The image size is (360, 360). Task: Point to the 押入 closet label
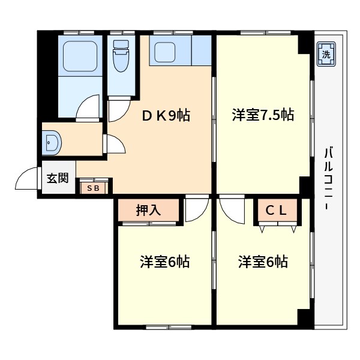(148, 210)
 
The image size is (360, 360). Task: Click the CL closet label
(277, 210)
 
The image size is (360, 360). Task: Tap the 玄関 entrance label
(58, 178)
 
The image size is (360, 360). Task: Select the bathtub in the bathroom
(79, 55)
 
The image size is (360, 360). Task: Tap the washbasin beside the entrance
(52, 143)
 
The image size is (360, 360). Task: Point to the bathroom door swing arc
(89, 108)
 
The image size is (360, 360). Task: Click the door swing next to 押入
(196, 211)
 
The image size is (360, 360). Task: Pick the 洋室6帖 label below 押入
(165, 262)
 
